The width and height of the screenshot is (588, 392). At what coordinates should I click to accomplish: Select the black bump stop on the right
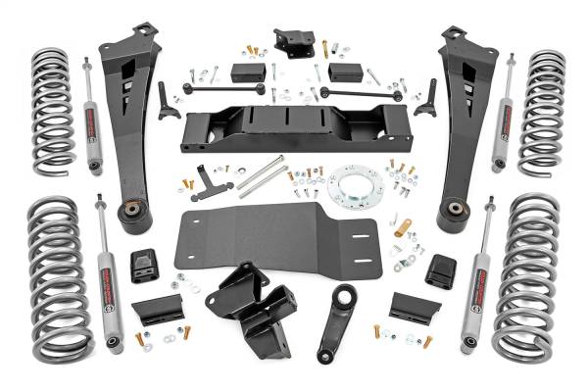click(444, 269)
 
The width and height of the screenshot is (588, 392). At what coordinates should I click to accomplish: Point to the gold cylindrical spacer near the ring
click(402, 228)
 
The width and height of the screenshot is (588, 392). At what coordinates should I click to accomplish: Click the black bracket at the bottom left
click(156, 310)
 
